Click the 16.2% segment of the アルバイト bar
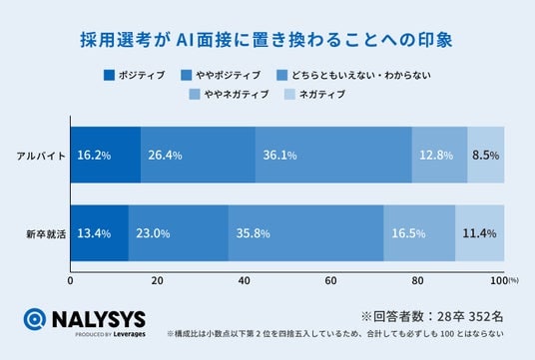click(x=106, y=155)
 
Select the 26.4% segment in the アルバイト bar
click(x=198, y=155)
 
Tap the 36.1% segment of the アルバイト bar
click(x=333, y=155)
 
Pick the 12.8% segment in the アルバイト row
click(x=439, y=155)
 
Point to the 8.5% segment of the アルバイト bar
click(x=486, y=155)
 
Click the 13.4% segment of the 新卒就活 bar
click(x=100, y=233)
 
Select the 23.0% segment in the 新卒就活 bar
click(x=179, y=233)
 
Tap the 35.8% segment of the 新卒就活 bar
click(x=305, y=233)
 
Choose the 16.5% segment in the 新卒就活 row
click(x=419, y=233)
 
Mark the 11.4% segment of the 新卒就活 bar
click(x=480, y=233)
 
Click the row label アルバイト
click(x=41, y=156)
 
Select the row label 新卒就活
click(x=46, y=234)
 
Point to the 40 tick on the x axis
click(x=244, y=280)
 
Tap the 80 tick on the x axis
click(x=417, y=280)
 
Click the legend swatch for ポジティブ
click(x=109, y=75)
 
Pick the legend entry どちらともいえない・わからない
click(x=353, y=75)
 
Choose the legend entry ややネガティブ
click(x=229, y=94)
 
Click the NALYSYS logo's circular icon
click(x=35, y=319)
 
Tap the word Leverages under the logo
click(x=129, y=334)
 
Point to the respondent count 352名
click(x=485, y=316)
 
